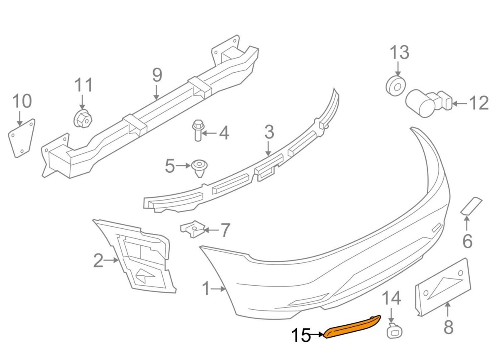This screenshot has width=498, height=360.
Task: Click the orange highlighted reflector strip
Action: (352, 327)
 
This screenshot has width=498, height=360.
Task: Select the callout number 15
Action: (301, 335)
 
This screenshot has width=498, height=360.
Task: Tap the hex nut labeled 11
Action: (83, 119)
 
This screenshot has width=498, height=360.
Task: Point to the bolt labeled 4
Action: (198, 130)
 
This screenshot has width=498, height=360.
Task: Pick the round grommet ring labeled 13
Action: (395, 86)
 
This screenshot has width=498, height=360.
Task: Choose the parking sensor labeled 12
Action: (428, 103)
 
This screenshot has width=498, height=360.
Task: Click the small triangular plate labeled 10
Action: (22, 138)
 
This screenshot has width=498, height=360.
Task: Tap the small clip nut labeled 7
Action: (193, 229)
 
